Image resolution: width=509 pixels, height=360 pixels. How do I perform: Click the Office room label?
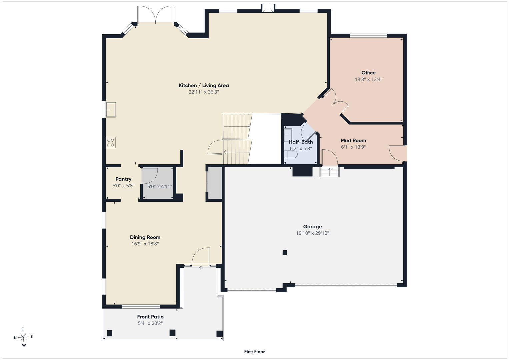tap(368, 73)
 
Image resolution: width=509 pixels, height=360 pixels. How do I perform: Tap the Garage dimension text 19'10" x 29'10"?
tap(312, 233)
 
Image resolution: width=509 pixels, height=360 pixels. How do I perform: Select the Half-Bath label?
tap(301, 142)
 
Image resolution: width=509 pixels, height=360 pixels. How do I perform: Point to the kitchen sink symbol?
tap(111, 110)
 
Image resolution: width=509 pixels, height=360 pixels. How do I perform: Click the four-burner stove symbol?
tap(111, 143)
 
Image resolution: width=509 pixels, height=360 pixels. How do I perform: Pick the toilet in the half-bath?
tap(291, 155)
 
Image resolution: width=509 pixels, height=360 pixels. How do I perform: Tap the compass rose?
tap(23, 337)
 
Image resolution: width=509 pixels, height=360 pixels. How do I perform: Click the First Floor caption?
tap(255, 352)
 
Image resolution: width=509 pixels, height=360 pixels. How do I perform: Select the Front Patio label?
tap(150, 317)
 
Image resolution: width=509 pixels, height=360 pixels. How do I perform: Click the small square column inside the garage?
tap(285, 253)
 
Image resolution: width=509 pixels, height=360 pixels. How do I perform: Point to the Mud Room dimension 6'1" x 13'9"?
tap(353, 147)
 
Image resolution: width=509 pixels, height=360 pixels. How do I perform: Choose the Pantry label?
tap(123, 179)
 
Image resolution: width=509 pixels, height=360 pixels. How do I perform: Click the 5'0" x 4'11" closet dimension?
tap(160, 187)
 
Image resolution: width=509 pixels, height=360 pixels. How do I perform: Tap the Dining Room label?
tap(145, 237)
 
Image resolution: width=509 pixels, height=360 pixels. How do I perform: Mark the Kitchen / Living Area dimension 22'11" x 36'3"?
tap(204, 92)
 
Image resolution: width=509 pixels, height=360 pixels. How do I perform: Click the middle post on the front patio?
tap(172, 333)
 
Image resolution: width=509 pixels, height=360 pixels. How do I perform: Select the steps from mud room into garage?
tap(329, 172)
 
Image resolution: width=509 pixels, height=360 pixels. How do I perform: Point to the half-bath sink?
tap(288, 135)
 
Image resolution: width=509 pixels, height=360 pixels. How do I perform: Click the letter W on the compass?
tap(24, 345)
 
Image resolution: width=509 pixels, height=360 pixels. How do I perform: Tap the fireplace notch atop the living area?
tap(268, 7)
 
